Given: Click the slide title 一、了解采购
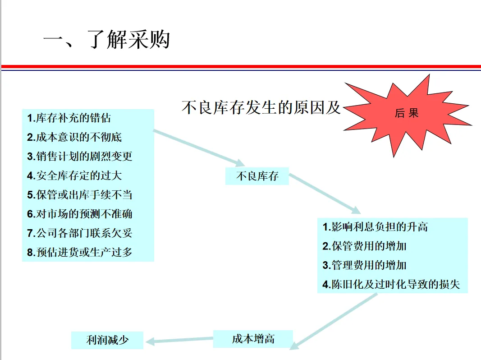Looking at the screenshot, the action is click(x=106, y=40).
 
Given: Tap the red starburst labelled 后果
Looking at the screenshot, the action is click(x=406, y=114).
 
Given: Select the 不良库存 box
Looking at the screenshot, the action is click(x=257, y=176).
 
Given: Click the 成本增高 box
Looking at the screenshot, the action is click(x=253, y=339).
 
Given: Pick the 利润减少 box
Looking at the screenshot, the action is click(x=107, y=340).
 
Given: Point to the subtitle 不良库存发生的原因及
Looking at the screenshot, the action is click(x=261, y=108).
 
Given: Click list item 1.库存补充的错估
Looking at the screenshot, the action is click(x=69, y=119).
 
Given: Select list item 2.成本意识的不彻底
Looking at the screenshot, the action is click(x=74, y=137).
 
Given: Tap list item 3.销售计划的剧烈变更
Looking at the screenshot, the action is click(x=79, y=157).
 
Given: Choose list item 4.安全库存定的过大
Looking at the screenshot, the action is click(x=74, y=175).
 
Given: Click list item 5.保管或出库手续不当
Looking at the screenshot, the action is click(x=79, y=195).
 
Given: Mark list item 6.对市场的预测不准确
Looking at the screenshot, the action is click(x=79, y=214).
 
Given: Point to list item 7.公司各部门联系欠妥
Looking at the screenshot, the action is click(x=79, y=233).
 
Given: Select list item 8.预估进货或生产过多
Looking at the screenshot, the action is click(x=79, y=252).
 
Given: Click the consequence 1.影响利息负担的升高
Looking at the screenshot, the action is click(x=375, y=227).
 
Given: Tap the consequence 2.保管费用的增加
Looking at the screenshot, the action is click(x=365, y=246).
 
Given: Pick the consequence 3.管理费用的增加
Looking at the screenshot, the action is click(x=365, y=265).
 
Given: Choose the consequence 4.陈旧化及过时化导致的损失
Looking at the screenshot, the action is click(x=391, y=285).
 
